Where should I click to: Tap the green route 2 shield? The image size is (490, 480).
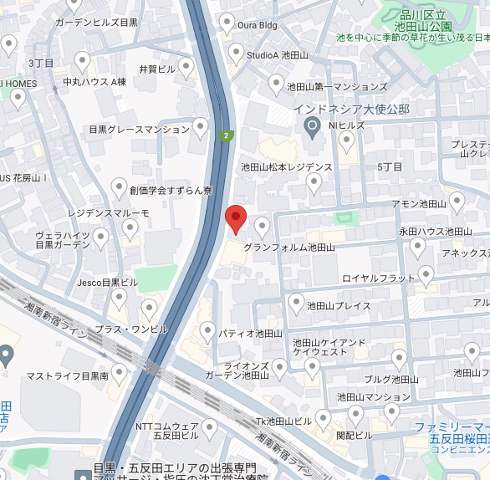coord(226,135)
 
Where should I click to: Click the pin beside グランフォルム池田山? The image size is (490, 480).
coord(263,226)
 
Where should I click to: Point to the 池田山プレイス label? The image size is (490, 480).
coord(339,306)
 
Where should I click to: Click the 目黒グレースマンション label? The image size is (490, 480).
coord(140,130)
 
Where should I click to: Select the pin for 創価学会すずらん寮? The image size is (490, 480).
coord(119,188)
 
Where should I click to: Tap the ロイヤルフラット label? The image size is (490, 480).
coord(379,278)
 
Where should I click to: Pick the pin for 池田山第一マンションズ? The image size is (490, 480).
coord(276,84)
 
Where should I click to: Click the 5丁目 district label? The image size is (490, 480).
coord(390,167)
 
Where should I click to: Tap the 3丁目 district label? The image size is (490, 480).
coord(41,63)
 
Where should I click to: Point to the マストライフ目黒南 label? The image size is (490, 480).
coord(67,377)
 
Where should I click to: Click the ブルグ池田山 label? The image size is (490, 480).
coord(391,379)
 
